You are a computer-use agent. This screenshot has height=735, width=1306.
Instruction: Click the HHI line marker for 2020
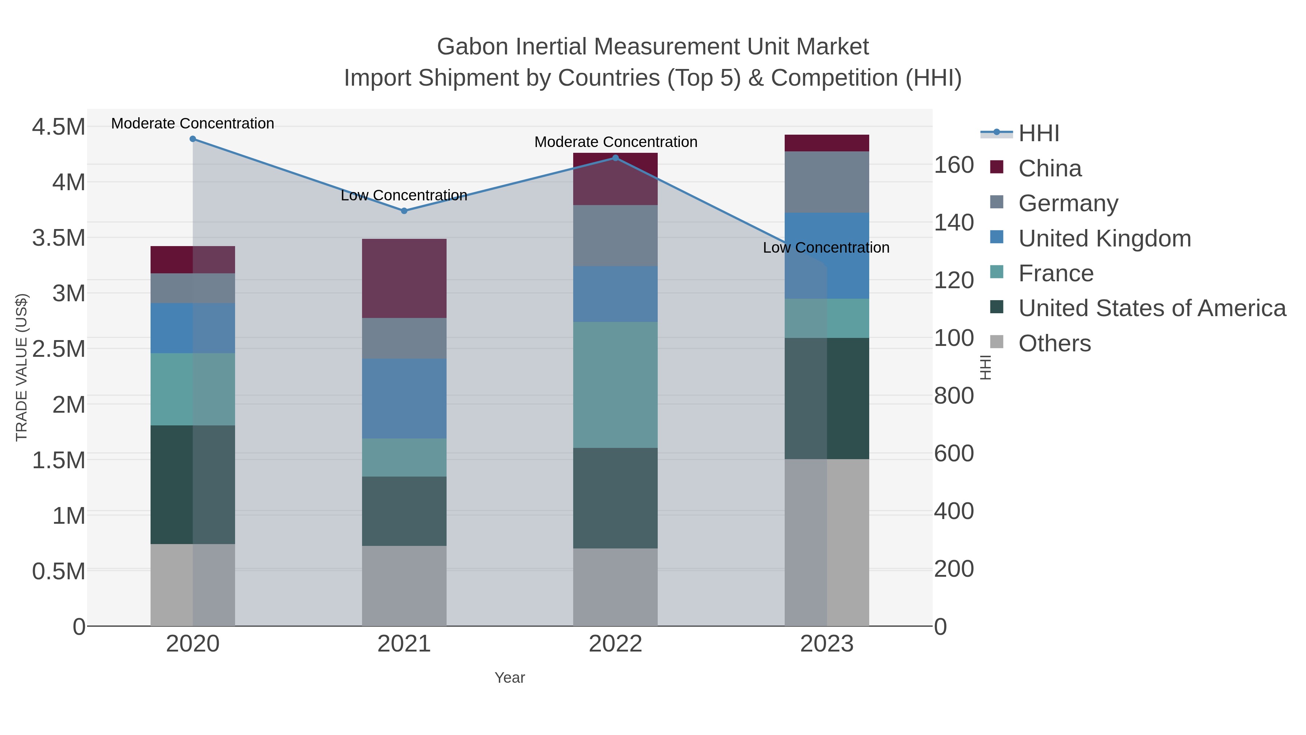(193, 139)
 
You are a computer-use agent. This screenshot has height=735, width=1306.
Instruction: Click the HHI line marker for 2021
(404, 211)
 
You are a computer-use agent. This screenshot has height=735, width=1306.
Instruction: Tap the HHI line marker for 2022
(616, 158)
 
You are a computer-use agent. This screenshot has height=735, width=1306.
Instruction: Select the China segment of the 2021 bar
(404, 278)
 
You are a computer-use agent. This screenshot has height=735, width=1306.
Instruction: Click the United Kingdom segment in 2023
(827, 255)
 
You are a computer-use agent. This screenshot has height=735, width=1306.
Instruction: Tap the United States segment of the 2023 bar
(827, 398)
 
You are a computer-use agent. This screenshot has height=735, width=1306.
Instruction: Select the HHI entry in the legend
(1038, 134)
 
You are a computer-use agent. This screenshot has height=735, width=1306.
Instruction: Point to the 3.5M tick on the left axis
(59, 238)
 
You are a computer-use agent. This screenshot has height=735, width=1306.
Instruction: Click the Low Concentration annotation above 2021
(404, 195)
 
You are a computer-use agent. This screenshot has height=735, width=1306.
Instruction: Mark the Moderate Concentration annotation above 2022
(616, 142)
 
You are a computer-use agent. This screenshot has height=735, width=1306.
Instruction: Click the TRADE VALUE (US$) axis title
(22, 367)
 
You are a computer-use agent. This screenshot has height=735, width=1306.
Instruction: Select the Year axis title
(510, 678)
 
